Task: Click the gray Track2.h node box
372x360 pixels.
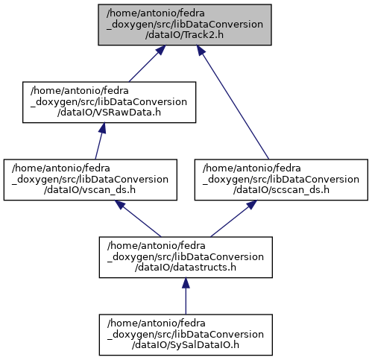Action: [x=185, y=25]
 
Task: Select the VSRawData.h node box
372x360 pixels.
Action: [x=109, y=102]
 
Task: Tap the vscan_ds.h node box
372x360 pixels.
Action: [x=90, y=180]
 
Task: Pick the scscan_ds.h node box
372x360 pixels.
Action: [x=281, y=180]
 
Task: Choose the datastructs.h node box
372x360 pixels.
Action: [x=186, y=257]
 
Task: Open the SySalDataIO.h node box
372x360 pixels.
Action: [x=186, y=335]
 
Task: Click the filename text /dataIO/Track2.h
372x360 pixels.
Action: [x=184, y=35]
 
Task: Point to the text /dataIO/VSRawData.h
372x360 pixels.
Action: [x=109, y=113]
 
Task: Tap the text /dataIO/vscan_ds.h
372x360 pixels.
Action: [x=89, y=190]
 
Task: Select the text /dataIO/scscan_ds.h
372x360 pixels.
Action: [x=281, y=190]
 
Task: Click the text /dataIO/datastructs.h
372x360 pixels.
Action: [x=186, y=268]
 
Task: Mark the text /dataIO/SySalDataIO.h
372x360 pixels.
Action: [x=186, y=345]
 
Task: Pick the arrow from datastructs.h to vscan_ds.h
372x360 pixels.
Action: [x=138, y=218]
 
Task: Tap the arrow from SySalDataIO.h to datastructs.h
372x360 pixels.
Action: [x=186, y=296]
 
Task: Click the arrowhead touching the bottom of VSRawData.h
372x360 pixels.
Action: [x=102, y=128]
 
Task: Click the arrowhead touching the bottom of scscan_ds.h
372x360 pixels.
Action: [x=252, y=204]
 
